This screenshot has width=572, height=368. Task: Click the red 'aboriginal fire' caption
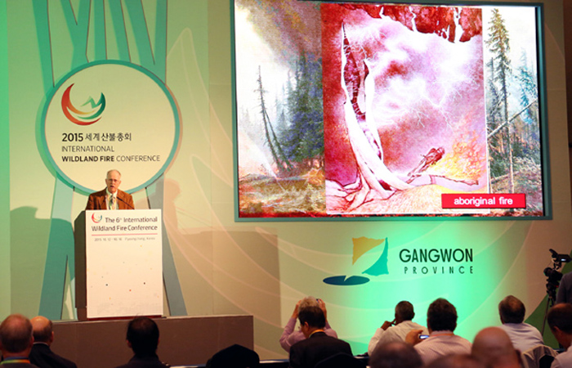pyautogui.click(x=483, y=200)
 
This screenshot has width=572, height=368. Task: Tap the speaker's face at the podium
pyautogui.click(x=113, y=181)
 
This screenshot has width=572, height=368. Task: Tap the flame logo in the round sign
pyautogui.click(x=83, y=105)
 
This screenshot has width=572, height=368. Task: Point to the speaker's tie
pyautogui.click(x=113, y=200)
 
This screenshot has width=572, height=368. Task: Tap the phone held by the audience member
pyautogui.click(x=422, y=335)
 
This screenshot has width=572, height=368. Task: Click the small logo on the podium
pyautogui.click(x=96, y=218)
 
